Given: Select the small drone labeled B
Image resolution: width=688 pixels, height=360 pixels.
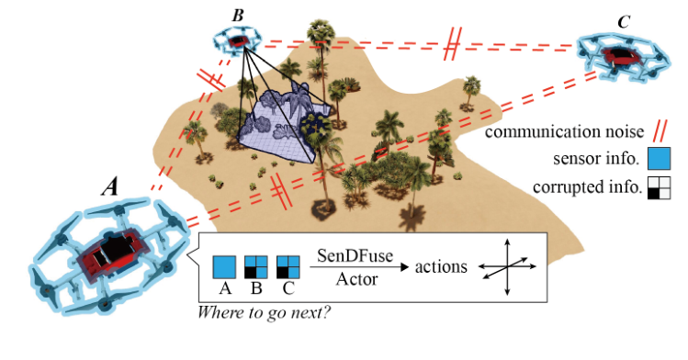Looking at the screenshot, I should click(x=239, y=39).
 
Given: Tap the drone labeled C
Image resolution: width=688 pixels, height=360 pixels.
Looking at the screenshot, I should click(x=625, y=55).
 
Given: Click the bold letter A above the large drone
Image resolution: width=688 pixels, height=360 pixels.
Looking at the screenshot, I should click(x=109, y=187).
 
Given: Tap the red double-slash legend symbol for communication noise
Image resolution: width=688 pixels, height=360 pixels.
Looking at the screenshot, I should click(x=660, y=131).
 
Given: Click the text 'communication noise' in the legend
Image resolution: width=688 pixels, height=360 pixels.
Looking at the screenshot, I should click(x=563, y=132).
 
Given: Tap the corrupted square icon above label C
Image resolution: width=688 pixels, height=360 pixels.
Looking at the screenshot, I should click(x=288, y=267).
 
